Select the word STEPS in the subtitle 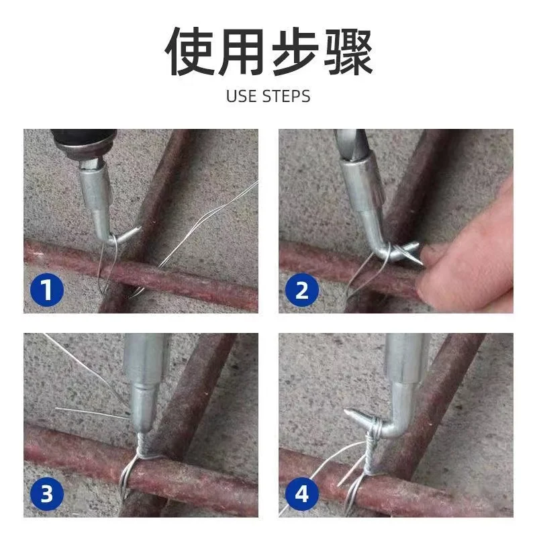286,96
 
